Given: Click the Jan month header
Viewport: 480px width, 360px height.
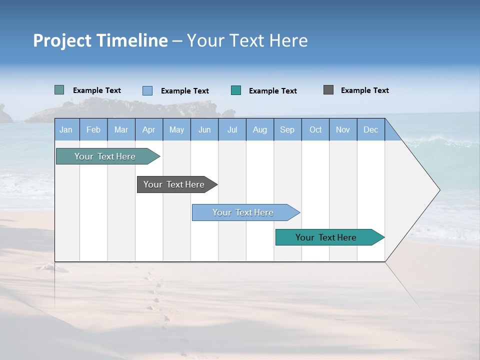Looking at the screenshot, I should [66, 129].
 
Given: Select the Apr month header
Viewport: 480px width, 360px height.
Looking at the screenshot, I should [148, 129].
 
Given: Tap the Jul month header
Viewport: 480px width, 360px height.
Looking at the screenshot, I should [232, 129].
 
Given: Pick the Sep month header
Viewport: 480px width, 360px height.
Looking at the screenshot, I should [287, 129].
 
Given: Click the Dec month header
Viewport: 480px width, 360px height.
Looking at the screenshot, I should [370, 129].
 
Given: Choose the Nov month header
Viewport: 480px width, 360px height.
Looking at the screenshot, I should [343, 129].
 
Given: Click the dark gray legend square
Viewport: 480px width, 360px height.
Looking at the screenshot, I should [328, 90].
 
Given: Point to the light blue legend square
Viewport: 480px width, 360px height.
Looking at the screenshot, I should [147, 90].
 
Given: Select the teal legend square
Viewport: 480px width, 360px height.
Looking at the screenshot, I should [236, 90].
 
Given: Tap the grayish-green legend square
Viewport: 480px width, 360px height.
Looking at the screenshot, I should [59, 90].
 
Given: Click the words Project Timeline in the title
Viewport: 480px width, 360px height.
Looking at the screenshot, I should [100, 40].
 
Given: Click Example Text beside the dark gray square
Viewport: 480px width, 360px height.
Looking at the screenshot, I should [364, 90].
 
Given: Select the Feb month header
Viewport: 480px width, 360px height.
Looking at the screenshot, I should [93, 129].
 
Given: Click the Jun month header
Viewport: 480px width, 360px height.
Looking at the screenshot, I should [204, 129].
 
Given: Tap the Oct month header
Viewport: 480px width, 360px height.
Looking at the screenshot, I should [315, 129].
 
